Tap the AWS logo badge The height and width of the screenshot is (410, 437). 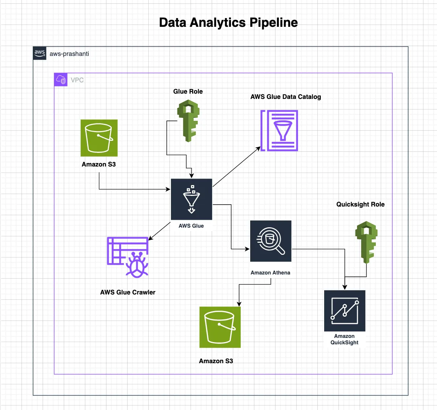[x=40, y=53]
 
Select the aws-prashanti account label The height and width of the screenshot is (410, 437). [x=69, y=54]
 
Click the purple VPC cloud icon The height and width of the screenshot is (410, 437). [x=61, y=80]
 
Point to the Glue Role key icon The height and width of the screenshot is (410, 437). [x=188, y=121]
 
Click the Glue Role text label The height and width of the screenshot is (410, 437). [x=188, y=91]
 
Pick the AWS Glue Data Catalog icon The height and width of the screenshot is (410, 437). [x=279, y=131]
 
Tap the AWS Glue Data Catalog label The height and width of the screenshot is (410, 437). [x=286, y=97]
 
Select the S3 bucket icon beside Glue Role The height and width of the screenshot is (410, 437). [x=99, y=138]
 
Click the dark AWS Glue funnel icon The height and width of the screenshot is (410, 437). [x=191, y=199]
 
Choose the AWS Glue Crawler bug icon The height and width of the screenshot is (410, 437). [x=128, y=257]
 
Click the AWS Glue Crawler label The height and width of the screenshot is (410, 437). [x=128, y=292]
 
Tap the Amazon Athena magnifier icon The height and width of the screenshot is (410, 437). [x=271, y=241]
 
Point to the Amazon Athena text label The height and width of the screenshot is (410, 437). [x=270, y=273]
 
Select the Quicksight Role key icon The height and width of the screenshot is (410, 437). [x=366, y=242]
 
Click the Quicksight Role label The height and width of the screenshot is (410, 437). [x=360, y=204]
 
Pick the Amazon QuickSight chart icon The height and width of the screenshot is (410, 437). [x=345, y=311]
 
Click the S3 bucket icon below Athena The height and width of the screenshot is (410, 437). [x=220, y=327]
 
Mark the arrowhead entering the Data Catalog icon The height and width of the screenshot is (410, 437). [x=259, y=148]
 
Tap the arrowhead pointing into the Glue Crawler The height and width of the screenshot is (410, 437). [x=151, y=238]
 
